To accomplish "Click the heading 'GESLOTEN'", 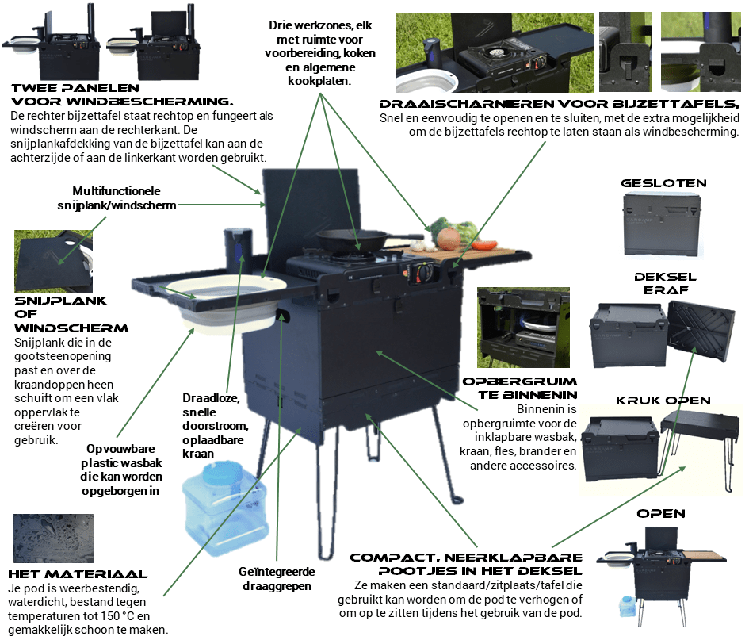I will [x=664, y=183].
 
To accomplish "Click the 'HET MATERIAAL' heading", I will [x=77, y=573].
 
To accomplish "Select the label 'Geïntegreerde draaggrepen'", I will [x=277, y=578].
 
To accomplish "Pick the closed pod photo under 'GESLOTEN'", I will [x=663, y=226].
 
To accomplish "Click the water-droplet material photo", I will [x=53, y=539].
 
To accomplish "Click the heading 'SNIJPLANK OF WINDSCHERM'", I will [x=71, y=314].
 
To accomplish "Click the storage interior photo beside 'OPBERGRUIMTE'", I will [x=523, y=325].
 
